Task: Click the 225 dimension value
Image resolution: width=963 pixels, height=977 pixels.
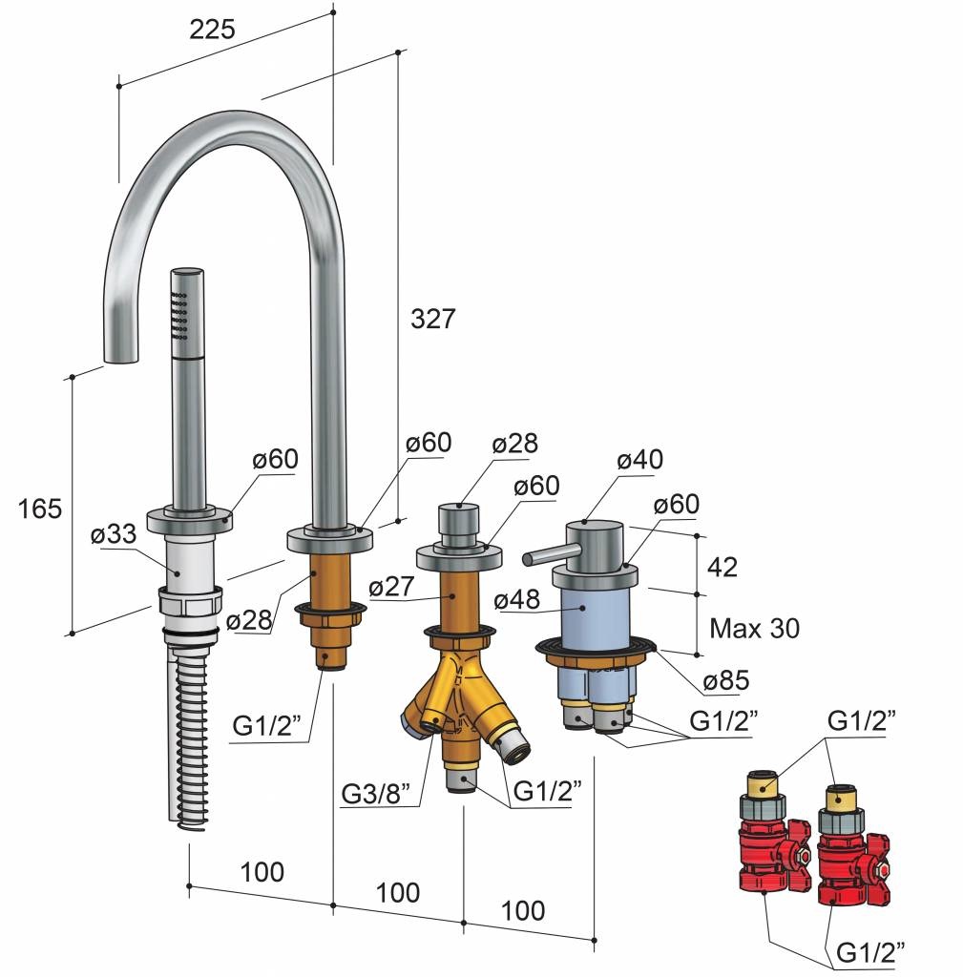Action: click(x=212, y=29)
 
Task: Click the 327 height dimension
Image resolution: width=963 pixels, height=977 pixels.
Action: click(x=433, y=319)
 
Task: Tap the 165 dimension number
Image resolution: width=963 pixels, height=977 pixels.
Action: click(x=40, y=509)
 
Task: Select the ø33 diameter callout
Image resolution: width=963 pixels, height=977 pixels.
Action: click(x=114, y=533)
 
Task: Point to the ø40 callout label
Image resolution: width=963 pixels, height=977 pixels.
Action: click(x=640, y=459)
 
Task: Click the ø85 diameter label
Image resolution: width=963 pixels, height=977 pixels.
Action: click(x=726, y=679)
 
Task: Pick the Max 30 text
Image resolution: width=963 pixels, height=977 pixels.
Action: click(x=755, y=628)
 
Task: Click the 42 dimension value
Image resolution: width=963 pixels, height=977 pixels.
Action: click(x=722, y=567)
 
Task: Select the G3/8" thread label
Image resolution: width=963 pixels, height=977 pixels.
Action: click(x=376, y=794)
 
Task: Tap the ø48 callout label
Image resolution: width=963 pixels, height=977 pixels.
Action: click(x=516, y=599)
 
